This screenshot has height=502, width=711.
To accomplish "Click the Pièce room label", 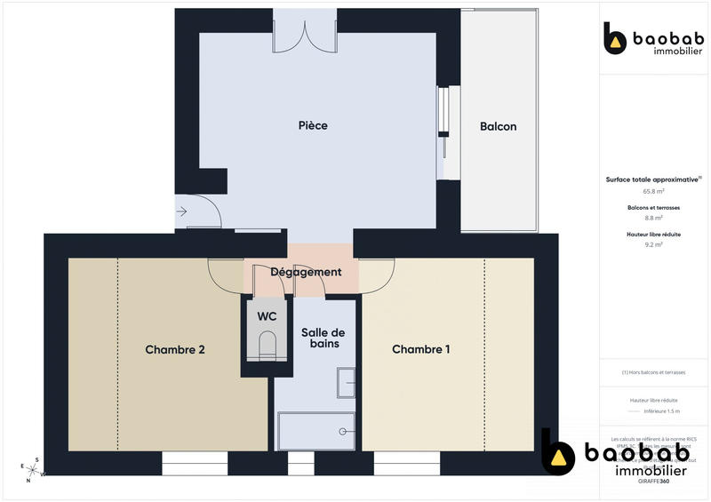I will pos(313,125).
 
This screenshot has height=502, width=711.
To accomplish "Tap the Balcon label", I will pos(498,126).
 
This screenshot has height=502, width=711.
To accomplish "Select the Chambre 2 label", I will pos(175,350).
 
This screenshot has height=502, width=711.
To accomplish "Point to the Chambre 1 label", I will pos(420,350).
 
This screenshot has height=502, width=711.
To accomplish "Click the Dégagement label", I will pos(306,272).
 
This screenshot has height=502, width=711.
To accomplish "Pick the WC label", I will pos(268,316).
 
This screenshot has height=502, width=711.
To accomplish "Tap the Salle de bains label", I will pos(320,338).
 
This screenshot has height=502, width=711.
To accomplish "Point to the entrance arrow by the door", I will pos(182,211).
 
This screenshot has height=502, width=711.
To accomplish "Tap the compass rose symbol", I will pos(31,468).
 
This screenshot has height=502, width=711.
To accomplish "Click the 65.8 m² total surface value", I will pos(654,191).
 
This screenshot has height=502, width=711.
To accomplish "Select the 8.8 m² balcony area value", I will pos(654,218).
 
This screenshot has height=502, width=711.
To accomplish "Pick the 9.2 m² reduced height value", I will pos(654,244).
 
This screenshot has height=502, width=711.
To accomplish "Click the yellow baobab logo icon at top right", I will pos(615,38).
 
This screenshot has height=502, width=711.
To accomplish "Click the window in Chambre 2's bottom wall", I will pos(195,463).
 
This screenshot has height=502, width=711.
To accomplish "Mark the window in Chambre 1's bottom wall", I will pos(407,463).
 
